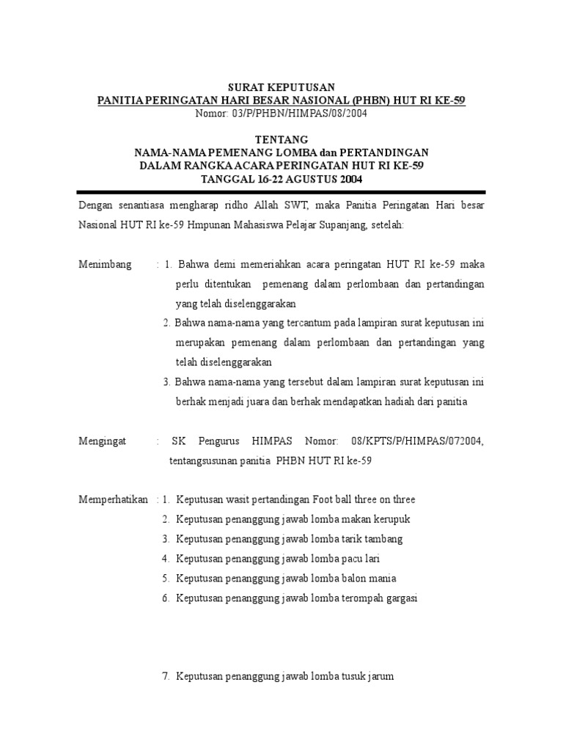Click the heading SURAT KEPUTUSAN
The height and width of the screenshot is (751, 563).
point(282,87)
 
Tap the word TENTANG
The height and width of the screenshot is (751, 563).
point(281,139)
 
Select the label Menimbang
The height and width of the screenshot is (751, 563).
point(106,264)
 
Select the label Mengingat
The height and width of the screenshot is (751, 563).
point(103,441)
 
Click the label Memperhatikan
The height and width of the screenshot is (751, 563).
point(114,499)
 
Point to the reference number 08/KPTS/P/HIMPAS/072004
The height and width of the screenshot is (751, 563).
point(417,441)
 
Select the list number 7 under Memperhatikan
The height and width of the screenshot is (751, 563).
point(165,677)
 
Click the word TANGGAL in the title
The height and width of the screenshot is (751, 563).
point(227,179)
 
